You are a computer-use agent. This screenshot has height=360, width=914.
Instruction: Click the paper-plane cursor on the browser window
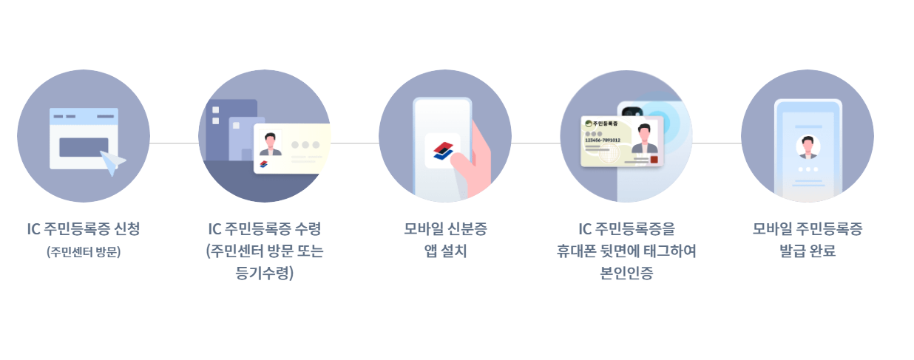point(112,163)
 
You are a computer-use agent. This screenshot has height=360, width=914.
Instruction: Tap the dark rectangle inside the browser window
point(84,147)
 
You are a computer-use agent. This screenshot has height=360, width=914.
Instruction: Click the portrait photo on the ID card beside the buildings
point(271,143)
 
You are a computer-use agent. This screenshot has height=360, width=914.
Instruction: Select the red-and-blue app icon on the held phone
point(442,149)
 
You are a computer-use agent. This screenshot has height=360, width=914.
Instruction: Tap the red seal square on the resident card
point(653,160)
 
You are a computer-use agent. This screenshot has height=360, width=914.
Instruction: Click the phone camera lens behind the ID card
point(631,111)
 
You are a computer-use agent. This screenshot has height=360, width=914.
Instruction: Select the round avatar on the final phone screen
point(808,146)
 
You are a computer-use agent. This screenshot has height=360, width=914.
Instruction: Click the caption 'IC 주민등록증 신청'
point(84,229)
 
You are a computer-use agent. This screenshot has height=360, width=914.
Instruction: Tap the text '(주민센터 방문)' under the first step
point(84,251)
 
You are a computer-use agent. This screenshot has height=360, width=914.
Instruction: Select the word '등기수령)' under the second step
point(264,273)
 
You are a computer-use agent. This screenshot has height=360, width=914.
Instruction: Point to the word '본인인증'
point(626,273)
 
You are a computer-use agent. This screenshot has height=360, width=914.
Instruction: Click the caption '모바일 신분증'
point(445,229)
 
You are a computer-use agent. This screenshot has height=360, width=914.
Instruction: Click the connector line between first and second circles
point(174,143)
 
